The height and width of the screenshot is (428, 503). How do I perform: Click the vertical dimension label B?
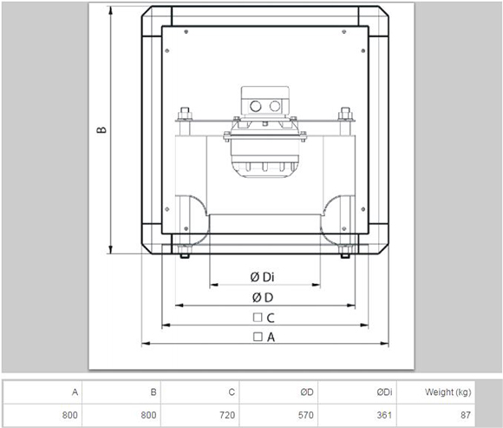[x=101, y=129]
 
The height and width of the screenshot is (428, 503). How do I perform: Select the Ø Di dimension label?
[x=262, y=277]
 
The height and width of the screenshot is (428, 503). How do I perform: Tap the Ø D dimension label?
[x=263, y=298]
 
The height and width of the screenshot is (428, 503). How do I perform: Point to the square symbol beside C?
[x=258, y=317]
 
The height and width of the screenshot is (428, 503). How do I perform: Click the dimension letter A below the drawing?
[x=271, y=338]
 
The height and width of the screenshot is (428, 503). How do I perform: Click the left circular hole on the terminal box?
[x=256, y=106]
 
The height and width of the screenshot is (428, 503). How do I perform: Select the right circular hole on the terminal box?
[x=275, y=106]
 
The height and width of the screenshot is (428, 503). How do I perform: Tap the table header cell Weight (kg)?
[x=447, y=392]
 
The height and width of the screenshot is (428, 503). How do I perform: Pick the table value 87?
[x=466, y=415]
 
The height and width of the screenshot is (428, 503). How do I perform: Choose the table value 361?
[x=384, y=415]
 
